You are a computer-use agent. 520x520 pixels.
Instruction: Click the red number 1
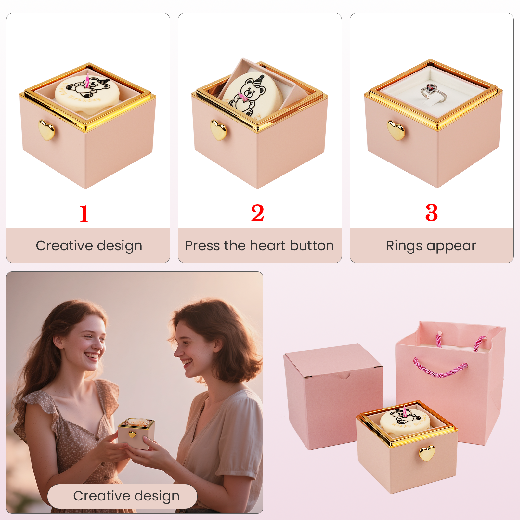coord(84,214)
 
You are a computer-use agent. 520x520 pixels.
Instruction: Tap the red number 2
coord(257,214)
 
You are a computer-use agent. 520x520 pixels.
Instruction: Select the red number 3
coord(432,213)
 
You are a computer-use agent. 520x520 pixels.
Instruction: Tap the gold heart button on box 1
coord(46,130)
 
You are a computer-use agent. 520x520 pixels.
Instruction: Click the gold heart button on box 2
coord(218,130)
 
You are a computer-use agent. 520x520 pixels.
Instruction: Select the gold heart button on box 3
coord(396,130)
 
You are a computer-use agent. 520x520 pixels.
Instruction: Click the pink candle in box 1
coord(87,81)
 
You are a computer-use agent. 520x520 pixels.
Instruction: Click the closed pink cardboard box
coord(331,396)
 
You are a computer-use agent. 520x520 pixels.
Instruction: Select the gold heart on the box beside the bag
coord(427,453)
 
